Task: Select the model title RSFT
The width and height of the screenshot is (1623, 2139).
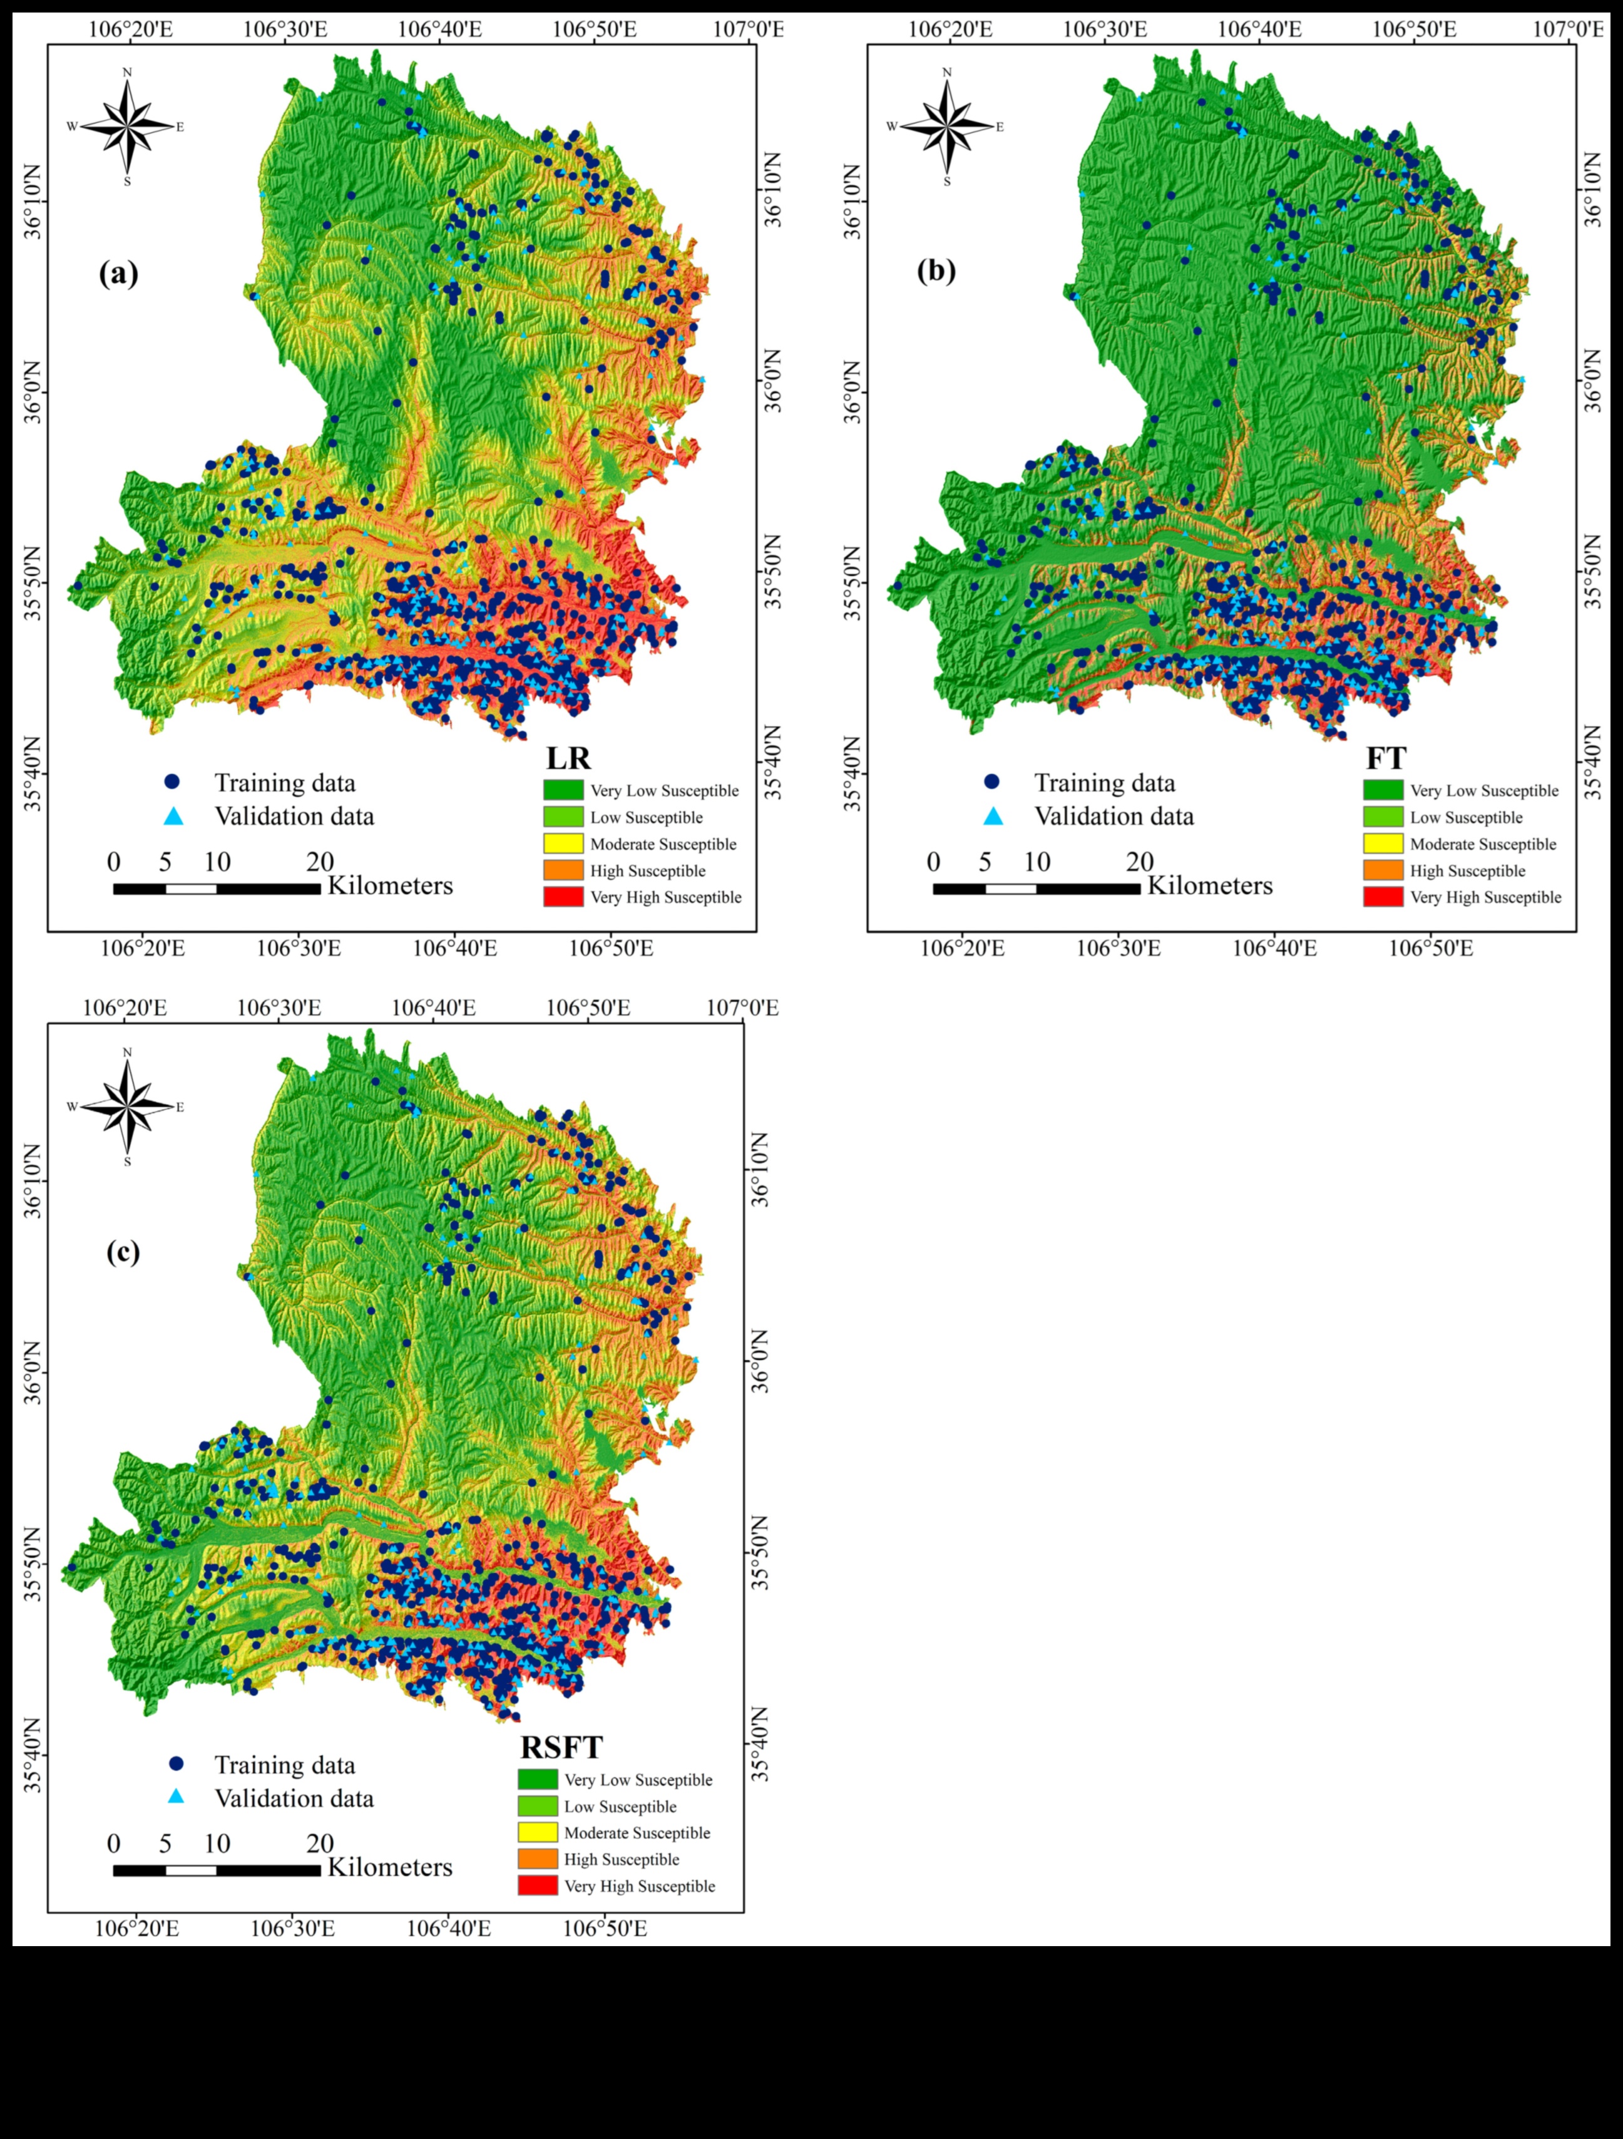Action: click(561, 1748)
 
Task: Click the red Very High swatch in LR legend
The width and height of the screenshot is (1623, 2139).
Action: click(563, 897)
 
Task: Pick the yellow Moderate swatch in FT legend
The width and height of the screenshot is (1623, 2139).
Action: click(1382, 843)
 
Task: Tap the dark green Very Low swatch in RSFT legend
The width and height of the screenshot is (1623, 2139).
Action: click(538, 1780)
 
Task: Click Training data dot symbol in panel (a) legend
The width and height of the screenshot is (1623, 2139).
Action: click(172, 781)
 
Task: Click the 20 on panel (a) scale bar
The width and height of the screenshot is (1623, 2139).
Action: click(320, 862)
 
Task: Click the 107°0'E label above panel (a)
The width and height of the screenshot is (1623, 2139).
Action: click(748, 28)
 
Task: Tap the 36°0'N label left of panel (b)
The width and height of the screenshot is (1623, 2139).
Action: click(852, 391)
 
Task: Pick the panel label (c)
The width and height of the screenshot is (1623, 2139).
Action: click(123, 1251)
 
